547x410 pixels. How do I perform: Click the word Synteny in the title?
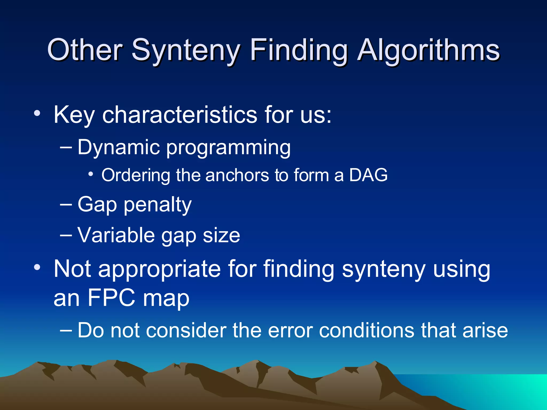pos(186,50)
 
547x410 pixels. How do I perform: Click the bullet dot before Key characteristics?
pos(37,114)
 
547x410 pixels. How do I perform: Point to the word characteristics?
pos(180,115)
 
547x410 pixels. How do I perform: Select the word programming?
pos(228,148)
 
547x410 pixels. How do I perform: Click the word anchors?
pos(237,175)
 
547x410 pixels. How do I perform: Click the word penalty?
pos(158,205)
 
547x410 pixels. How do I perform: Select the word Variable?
pos(116,235)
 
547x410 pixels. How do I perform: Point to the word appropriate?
pos(159,270)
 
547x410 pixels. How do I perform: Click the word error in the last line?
pos(290,330)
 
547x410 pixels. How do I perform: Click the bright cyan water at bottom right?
pos(507,390)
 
